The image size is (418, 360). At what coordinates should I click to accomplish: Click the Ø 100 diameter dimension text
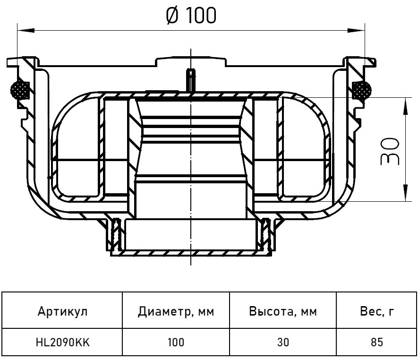(x=191, y=16)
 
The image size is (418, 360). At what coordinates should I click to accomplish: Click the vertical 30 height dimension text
(x=390, y=151)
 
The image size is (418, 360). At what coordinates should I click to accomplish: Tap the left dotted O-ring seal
(x=20, y=90)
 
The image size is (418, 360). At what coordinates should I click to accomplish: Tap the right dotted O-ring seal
(x=361, y=90)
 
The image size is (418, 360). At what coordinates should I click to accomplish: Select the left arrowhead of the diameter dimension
(x=26, y=30)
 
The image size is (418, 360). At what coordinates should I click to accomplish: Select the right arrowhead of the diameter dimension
(x=356, y=30)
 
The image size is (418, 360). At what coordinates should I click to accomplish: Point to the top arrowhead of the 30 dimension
(x=405, y=106)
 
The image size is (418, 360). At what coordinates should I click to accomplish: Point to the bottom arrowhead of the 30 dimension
(x=405, y=193)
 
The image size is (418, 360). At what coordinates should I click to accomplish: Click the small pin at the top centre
(x=191, y=80)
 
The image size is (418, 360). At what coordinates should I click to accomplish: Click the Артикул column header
(x=63, y=311)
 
